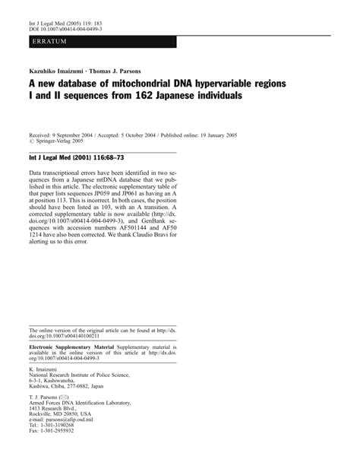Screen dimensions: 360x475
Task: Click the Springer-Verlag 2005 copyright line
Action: [x=63, y=140]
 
